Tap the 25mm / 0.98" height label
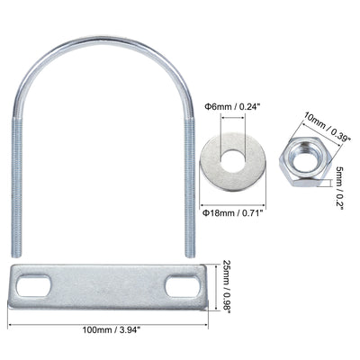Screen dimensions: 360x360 coord(227,287)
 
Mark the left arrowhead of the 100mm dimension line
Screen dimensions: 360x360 coord(12,329)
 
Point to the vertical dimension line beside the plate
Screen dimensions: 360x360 coord(214,287)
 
